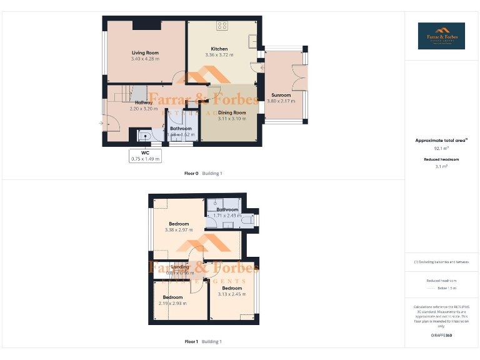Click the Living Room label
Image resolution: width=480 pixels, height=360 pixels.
145,53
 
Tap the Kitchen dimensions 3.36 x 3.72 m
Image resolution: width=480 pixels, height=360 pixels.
219,55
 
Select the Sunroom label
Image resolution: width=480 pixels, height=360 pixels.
281,96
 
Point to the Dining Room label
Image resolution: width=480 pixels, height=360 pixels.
232,113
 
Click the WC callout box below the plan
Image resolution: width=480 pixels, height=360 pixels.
145,156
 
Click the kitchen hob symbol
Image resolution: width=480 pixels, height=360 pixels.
222,26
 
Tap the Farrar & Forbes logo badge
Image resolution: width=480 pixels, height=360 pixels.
441,36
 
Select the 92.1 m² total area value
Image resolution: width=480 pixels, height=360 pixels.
441,149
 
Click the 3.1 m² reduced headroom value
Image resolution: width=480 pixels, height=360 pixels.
441,167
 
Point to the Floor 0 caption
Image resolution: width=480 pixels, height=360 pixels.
191,173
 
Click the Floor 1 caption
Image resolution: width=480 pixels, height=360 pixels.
191,342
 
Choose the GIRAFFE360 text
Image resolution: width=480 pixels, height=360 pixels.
441,336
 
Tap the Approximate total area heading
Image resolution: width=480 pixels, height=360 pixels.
441,141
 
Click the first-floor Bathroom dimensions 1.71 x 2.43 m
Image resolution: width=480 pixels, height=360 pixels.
227,216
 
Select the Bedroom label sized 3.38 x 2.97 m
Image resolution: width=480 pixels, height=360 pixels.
179,224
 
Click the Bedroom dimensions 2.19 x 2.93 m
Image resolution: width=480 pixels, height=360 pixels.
173,303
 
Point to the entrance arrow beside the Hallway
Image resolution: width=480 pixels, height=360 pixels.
101,123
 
